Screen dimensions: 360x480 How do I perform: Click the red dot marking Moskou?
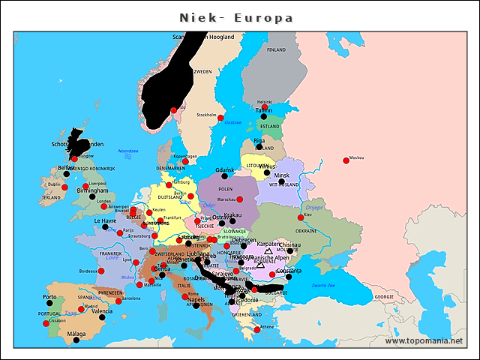coord(346,160)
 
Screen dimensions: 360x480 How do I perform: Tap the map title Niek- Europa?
coord(236,17)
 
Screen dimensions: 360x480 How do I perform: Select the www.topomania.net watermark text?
coord(423,341)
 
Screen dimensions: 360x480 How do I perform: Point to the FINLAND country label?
coord(277,49)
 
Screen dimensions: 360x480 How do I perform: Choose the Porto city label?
coord(49,296)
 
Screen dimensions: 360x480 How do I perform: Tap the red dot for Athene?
coord(257,329)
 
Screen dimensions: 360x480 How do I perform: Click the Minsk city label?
coord(281,175)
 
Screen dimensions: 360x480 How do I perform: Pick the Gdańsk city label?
coord(225,170)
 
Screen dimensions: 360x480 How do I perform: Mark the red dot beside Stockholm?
coord(220,118)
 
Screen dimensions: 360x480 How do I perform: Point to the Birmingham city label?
coord(93,190)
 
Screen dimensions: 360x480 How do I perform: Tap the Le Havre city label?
coord(105,221)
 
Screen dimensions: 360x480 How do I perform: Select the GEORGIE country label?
coord(384,297)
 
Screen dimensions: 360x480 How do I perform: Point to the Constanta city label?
coord(288,270)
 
